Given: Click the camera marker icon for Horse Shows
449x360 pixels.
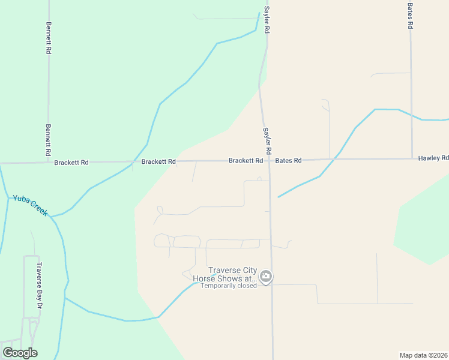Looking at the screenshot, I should (x=266, y=277).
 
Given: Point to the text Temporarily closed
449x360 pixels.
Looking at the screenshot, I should (x=228, y=286).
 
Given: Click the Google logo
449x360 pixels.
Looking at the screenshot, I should (x=20, y=353).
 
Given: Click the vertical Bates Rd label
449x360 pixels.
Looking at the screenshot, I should (x=411, y=16).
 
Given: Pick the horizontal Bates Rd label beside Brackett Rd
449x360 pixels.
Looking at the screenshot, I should (x=288, y=161).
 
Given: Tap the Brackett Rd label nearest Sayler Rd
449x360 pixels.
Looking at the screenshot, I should (x=245, y=161).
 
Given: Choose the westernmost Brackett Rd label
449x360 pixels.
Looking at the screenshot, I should (x=71, y=163).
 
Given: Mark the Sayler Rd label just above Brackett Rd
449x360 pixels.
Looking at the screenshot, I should (x=267, y=139).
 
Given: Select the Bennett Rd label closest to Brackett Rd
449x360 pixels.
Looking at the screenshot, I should (x=48, y=140).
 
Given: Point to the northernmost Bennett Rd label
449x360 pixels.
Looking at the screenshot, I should (x=48, y=38).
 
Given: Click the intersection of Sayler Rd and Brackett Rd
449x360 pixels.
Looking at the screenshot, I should (x=269, y=160).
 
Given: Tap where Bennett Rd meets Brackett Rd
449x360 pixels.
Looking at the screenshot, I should (x=49, y=162).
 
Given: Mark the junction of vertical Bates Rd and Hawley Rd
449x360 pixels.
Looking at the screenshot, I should (x=412, y=158).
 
